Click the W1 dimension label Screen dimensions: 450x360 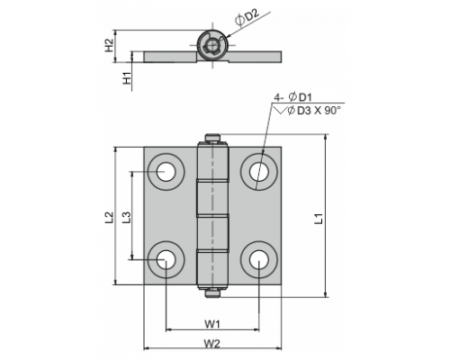(212, 324)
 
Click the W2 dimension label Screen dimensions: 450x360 (212, 344)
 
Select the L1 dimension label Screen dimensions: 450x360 (319, 219)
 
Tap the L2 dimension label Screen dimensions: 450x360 (110, 218)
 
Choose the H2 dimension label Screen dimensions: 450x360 (110, 46)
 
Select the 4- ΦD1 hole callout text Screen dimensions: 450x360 (293, 97)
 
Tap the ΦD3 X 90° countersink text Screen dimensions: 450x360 (314, 111)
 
